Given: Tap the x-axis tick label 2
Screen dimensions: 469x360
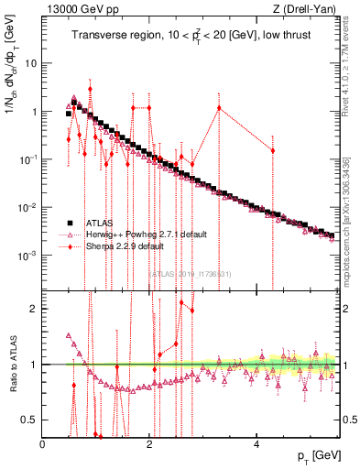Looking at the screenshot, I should click(150, 444).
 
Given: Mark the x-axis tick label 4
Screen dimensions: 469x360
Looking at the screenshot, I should click(257, 444).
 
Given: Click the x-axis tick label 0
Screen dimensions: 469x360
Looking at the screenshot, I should click(43, 444).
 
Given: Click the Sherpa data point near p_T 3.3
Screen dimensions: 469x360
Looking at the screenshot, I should click(219, 107).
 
